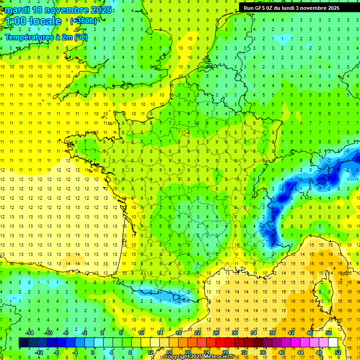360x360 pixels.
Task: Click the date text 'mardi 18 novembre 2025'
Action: point(59,10)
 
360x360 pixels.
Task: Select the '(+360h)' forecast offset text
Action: point(83,21)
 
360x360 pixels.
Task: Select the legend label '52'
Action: point(338,352)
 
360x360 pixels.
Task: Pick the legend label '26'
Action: point(216,332)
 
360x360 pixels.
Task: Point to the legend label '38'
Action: point(272,332)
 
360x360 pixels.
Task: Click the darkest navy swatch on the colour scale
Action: point(23,343)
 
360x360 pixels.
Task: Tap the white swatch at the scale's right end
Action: point(333,343)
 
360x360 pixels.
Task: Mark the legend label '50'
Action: point(329,332)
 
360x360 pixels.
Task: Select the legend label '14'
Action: point(160,332)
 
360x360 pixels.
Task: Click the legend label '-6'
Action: point(66,332)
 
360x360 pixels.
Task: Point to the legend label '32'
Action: point(244,352)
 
